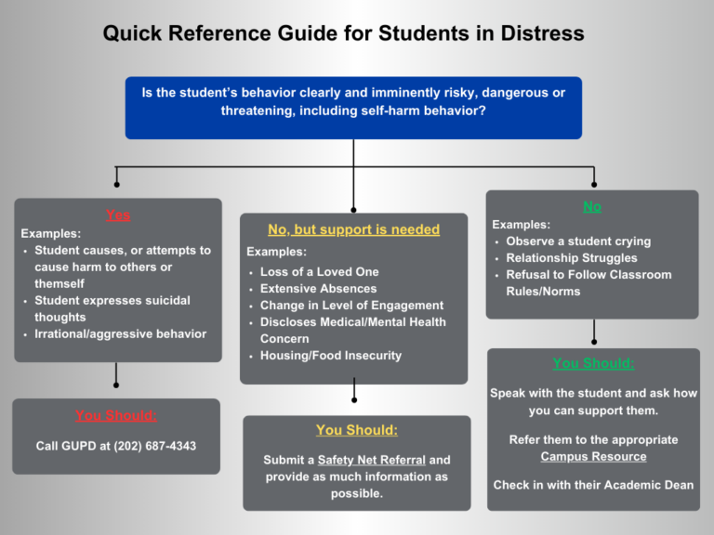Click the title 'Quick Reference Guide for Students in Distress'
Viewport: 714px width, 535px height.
343,34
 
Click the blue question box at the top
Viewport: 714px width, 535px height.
353,107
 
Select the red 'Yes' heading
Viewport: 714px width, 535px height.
118,215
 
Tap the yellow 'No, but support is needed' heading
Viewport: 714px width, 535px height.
353,229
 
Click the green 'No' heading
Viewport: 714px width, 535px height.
592,205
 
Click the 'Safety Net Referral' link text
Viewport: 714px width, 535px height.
371,460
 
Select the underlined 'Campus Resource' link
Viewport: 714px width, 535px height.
593,456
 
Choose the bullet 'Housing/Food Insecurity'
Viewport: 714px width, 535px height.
330,356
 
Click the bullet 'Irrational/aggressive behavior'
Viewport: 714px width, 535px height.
120,333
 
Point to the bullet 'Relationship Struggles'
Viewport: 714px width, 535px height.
571,258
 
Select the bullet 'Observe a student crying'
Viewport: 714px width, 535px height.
577,241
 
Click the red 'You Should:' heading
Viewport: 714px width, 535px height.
116,415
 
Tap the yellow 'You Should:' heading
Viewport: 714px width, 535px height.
356,430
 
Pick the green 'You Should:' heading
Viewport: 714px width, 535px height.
593,363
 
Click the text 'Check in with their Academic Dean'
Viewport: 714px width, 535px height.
593,485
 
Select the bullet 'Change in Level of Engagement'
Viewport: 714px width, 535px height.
351,306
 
